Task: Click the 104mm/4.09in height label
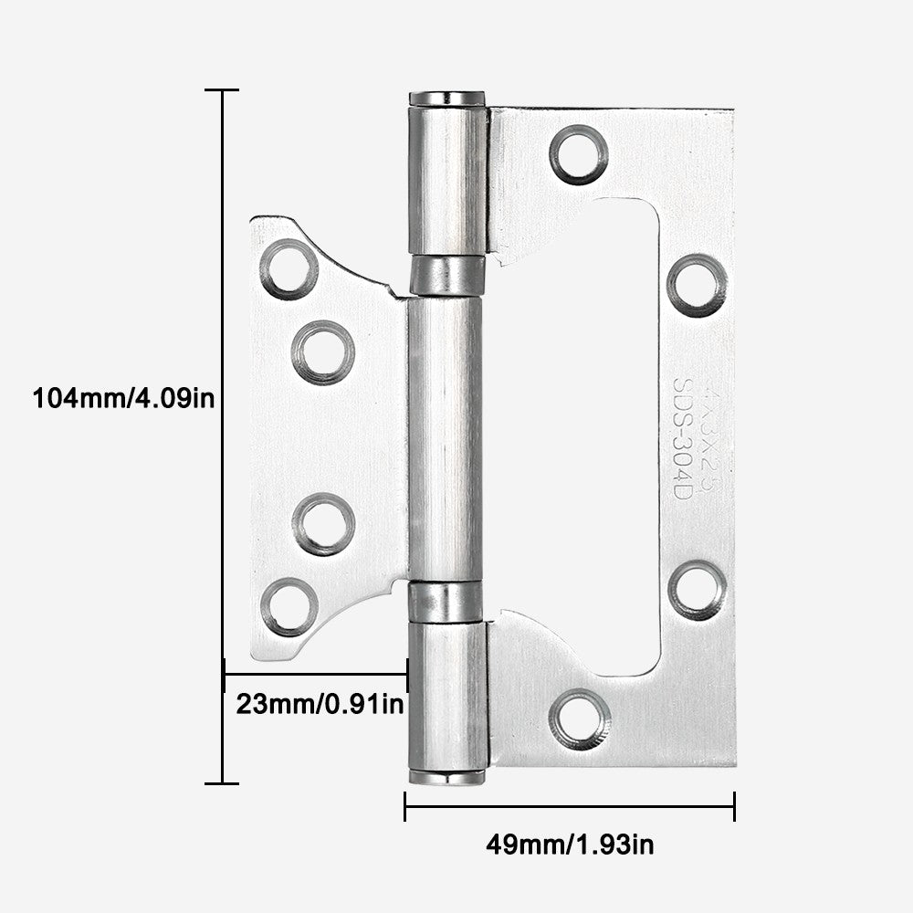[x=123, y=398]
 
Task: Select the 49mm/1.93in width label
[x=569, y=845]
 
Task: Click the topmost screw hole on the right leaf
[x=579, y=154]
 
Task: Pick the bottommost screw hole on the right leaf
[x=580, y=719]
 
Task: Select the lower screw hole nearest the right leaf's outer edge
[x=698, y=590]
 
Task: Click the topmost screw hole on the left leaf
[x=289, y=269]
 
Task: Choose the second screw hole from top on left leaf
[x=323, y=352]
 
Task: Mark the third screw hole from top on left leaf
[x=323, y=524]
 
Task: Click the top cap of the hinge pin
[x=446, y=98]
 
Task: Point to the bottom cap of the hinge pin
[x=446, y=777]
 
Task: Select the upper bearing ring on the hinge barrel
[x=446, y=276]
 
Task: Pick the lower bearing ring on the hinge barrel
[x=446, y=600]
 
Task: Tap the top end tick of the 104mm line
[x=222, y=90]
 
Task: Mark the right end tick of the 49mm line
[x=734, y=806]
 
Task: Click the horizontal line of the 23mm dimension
[x=315, y=675]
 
